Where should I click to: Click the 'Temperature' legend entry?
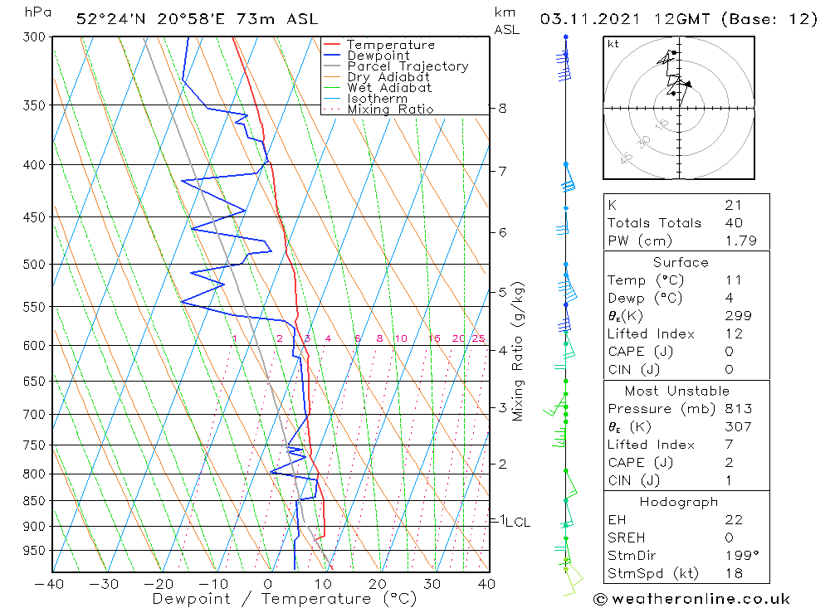[x=390, y=45]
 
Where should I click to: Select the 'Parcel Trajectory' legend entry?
[x=408, y=66]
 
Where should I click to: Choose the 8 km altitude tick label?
[x=502, y=108]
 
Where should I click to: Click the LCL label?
[x=518, y=522]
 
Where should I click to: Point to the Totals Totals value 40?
[x=733, y=222]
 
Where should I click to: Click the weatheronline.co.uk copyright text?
[x=691, y=599]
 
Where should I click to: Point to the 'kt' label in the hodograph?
[x=613, y=44]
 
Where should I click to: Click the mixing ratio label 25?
[x=478, y=338]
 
